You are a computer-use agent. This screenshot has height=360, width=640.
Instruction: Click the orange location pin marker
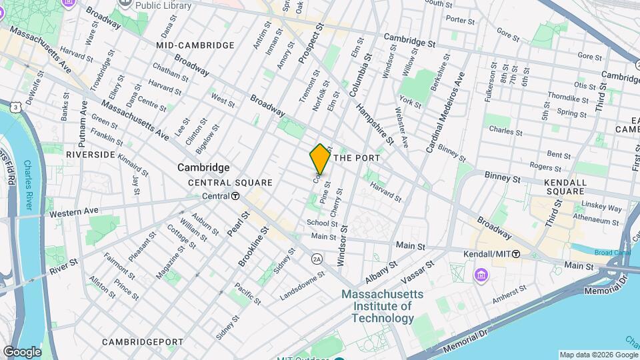pos(320,159)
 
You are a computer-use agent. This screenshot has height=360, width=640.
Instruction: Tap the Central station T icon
pos(235,196)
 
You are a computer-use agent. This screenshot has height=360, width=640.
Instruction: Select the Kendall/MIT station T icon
pos(516,255)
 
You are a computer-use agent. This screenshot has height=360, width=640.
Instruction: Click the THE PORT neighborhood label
pos(356,158)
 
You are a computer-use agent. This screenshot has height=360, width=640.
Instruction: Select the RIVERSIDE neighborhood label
pos(91,154)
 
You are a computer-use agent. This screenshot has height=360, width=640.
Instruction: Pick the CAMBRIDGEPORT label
pos(143,342)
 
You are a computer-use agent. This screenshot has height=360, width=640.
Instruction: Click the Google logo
pos(21,351)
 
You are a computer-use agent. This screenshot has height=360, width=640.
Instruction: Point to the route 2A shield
pos(317,259)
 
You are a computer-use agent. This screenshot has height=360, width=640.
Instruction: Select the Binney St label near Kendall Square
pos(504,179)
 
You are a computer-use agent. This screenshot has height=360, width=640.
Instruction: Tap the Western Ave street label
pos(74,212)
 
